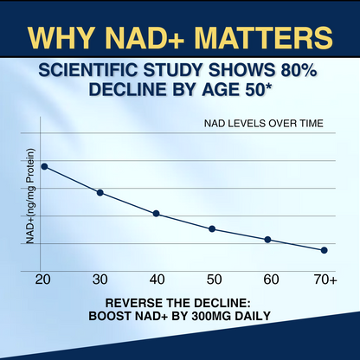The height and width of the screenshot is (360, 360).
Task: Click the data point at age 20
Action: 44,166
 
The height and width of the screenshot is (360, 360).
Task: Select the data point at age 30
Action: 100,192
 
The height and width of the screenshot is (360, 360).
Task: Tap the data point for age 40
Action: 156,213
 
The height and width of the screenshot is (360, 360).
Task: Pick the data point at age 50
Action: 212,228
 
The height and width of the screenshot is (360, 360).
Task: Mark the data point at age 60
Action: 267,239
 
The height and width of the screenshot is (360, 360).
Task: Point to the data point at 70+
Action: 324,250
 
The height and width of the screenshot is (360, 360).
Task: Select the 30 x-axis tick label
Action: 100,279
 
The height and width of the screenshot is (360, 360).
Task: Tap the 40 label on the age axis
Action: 156,279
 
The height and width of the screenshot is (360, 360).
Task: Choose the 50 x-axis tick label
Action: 212,279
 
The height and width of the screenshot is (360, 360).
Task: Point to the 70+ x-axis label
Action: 325,279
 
